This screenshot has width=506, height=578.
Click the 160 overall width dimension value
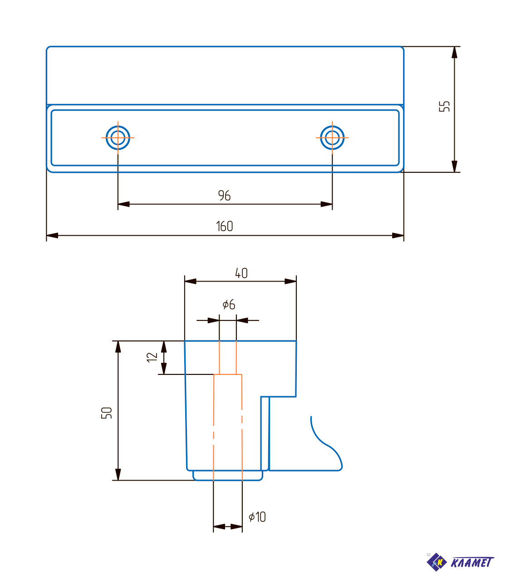224,226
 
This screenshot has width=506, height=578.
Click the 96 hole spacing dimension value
224,195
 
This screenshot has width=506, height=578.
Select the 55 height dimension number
444,106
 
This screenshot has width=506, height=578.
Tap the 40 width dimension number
241,273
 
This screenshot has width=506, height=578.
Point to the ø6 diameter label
229,304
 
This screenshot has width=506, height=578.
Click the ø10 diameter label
257,517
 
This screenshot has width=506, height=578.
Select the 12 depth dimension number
152,357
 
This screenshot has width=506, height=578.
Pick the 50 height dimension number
106,413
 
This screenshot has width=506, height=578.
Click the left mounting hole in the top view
118,138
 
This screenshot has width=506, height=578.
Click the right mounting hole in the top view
332,138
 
